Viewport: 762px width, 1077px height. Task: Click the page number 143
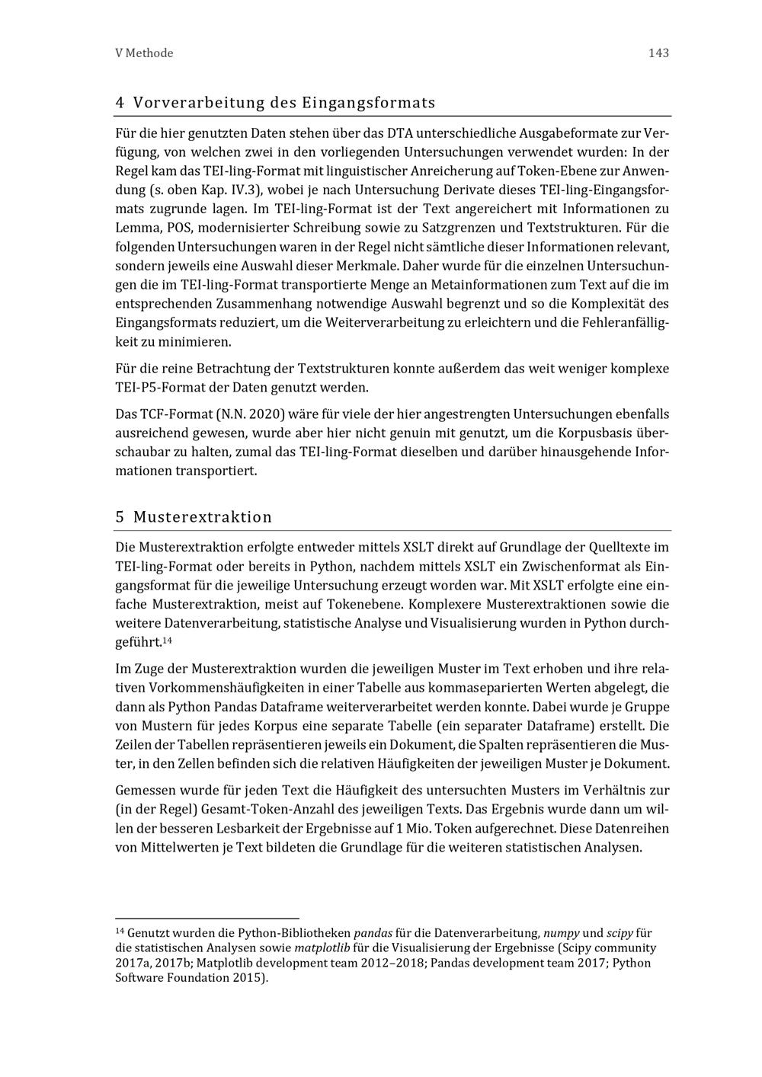tap(658, 53)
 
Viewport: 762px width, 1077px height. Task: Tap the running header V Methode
tap(144, 53)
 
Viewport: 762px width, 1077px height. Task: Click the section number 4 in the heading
tap(120, 102)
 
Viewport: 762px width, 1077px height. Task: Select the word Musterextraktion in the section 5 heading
tap(203, 517)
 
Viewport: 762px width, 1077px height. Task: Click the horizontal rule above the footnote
tap(207, 919)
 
